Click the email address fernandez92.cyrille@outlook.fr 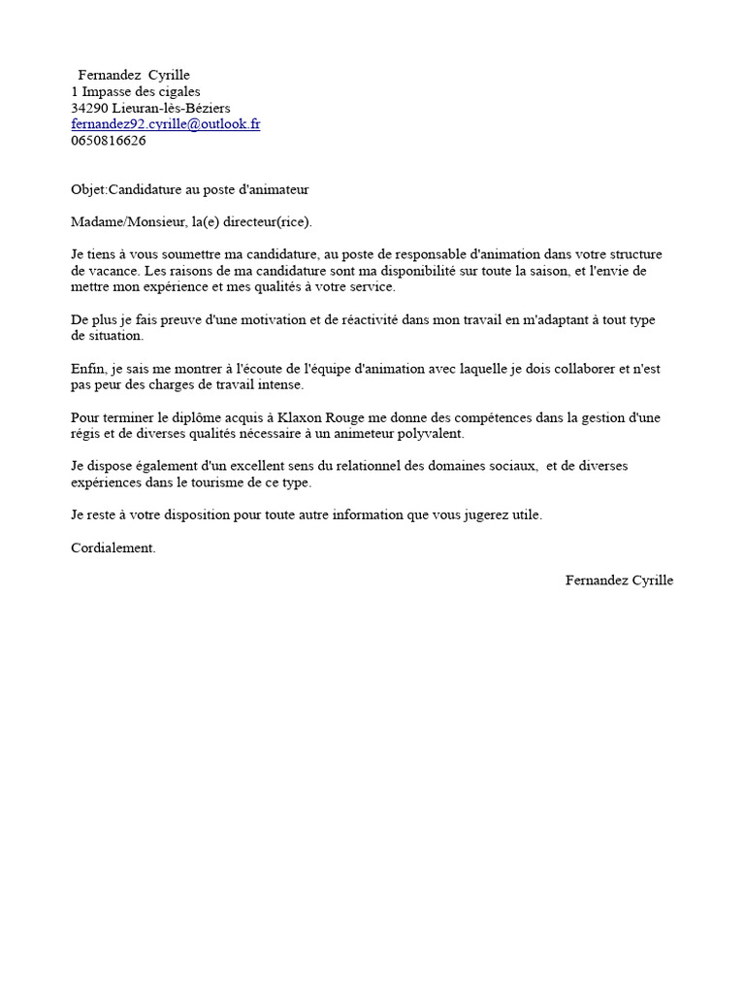click(165, 124)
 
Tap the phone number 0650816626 click(109, 140)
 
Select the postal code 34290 click(89, 108)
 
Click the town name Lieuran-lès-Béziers click(171, 108)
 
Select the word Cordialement click(113, 547)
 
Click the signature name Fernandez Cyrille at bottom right click(619, 580)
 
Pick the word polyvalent click(432, 433)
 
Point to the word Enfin click(87, 369)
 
